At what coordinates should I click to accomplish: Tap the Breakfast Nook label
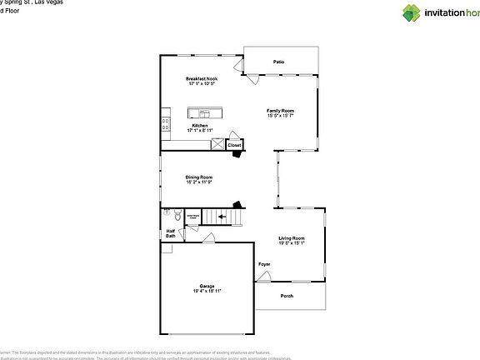click(202, 79)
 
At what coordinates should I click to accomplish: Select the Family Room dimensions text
click(280, 115)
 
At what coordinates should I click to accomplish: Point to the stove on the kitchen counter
click(165, 124)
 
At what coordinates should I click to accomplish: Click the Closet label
click(234, 145)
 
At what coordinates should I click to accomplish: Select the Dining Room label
click(199, 177)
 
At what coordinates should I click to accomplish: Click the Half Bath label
click(170, 233)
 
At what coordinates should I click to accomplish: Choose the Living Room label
click(292, 238)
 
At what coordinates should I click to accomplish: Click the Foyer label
click(264, 264)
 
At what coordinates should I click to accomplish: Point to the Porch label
click(287, 296)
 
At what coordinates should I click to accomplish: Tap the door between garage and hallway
click(208, 240)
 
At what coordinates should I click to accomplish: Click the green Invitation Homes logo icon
click(413, 12)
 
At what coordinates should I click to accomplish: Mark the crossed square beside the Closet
click(217, 145)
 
